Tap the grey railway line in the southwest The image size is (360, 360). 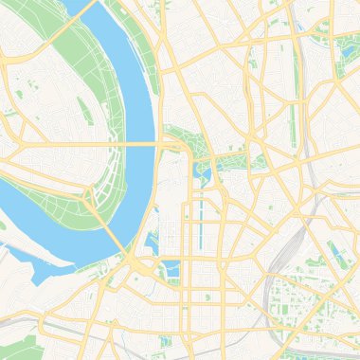pos(57,327)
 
